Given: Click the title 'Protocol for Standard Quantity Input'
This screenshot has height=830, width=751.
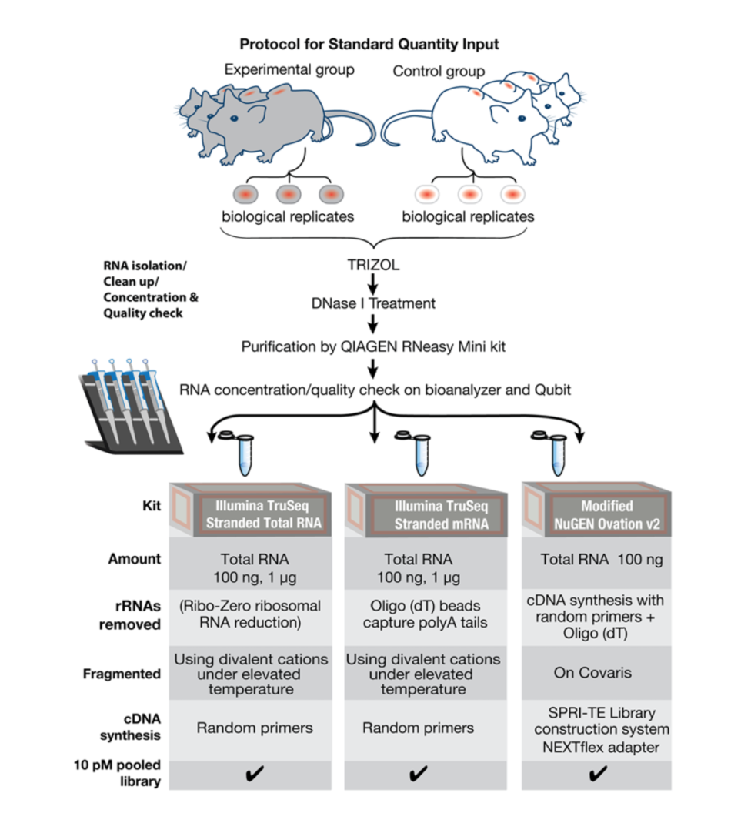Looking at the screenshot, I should pos(369,45).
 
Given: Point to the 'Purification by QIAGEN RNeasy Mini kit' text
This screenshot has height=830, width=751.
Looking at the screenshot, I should pos(375,346).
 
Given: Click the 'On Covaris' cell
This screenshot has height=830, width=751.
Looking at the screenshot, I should pos(592,673).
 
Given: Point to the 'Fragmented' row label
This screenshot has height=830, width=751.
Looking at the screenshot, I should pos(122,674).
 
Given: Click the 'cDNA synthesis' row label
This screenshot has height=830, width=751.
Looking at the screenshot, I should pos(129,726).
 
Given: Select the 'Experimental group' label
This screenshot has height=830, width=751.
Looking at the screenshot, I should pos(289,70).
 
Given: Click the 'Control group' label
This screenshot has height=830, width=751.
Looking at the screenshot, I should pos(439,72).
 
